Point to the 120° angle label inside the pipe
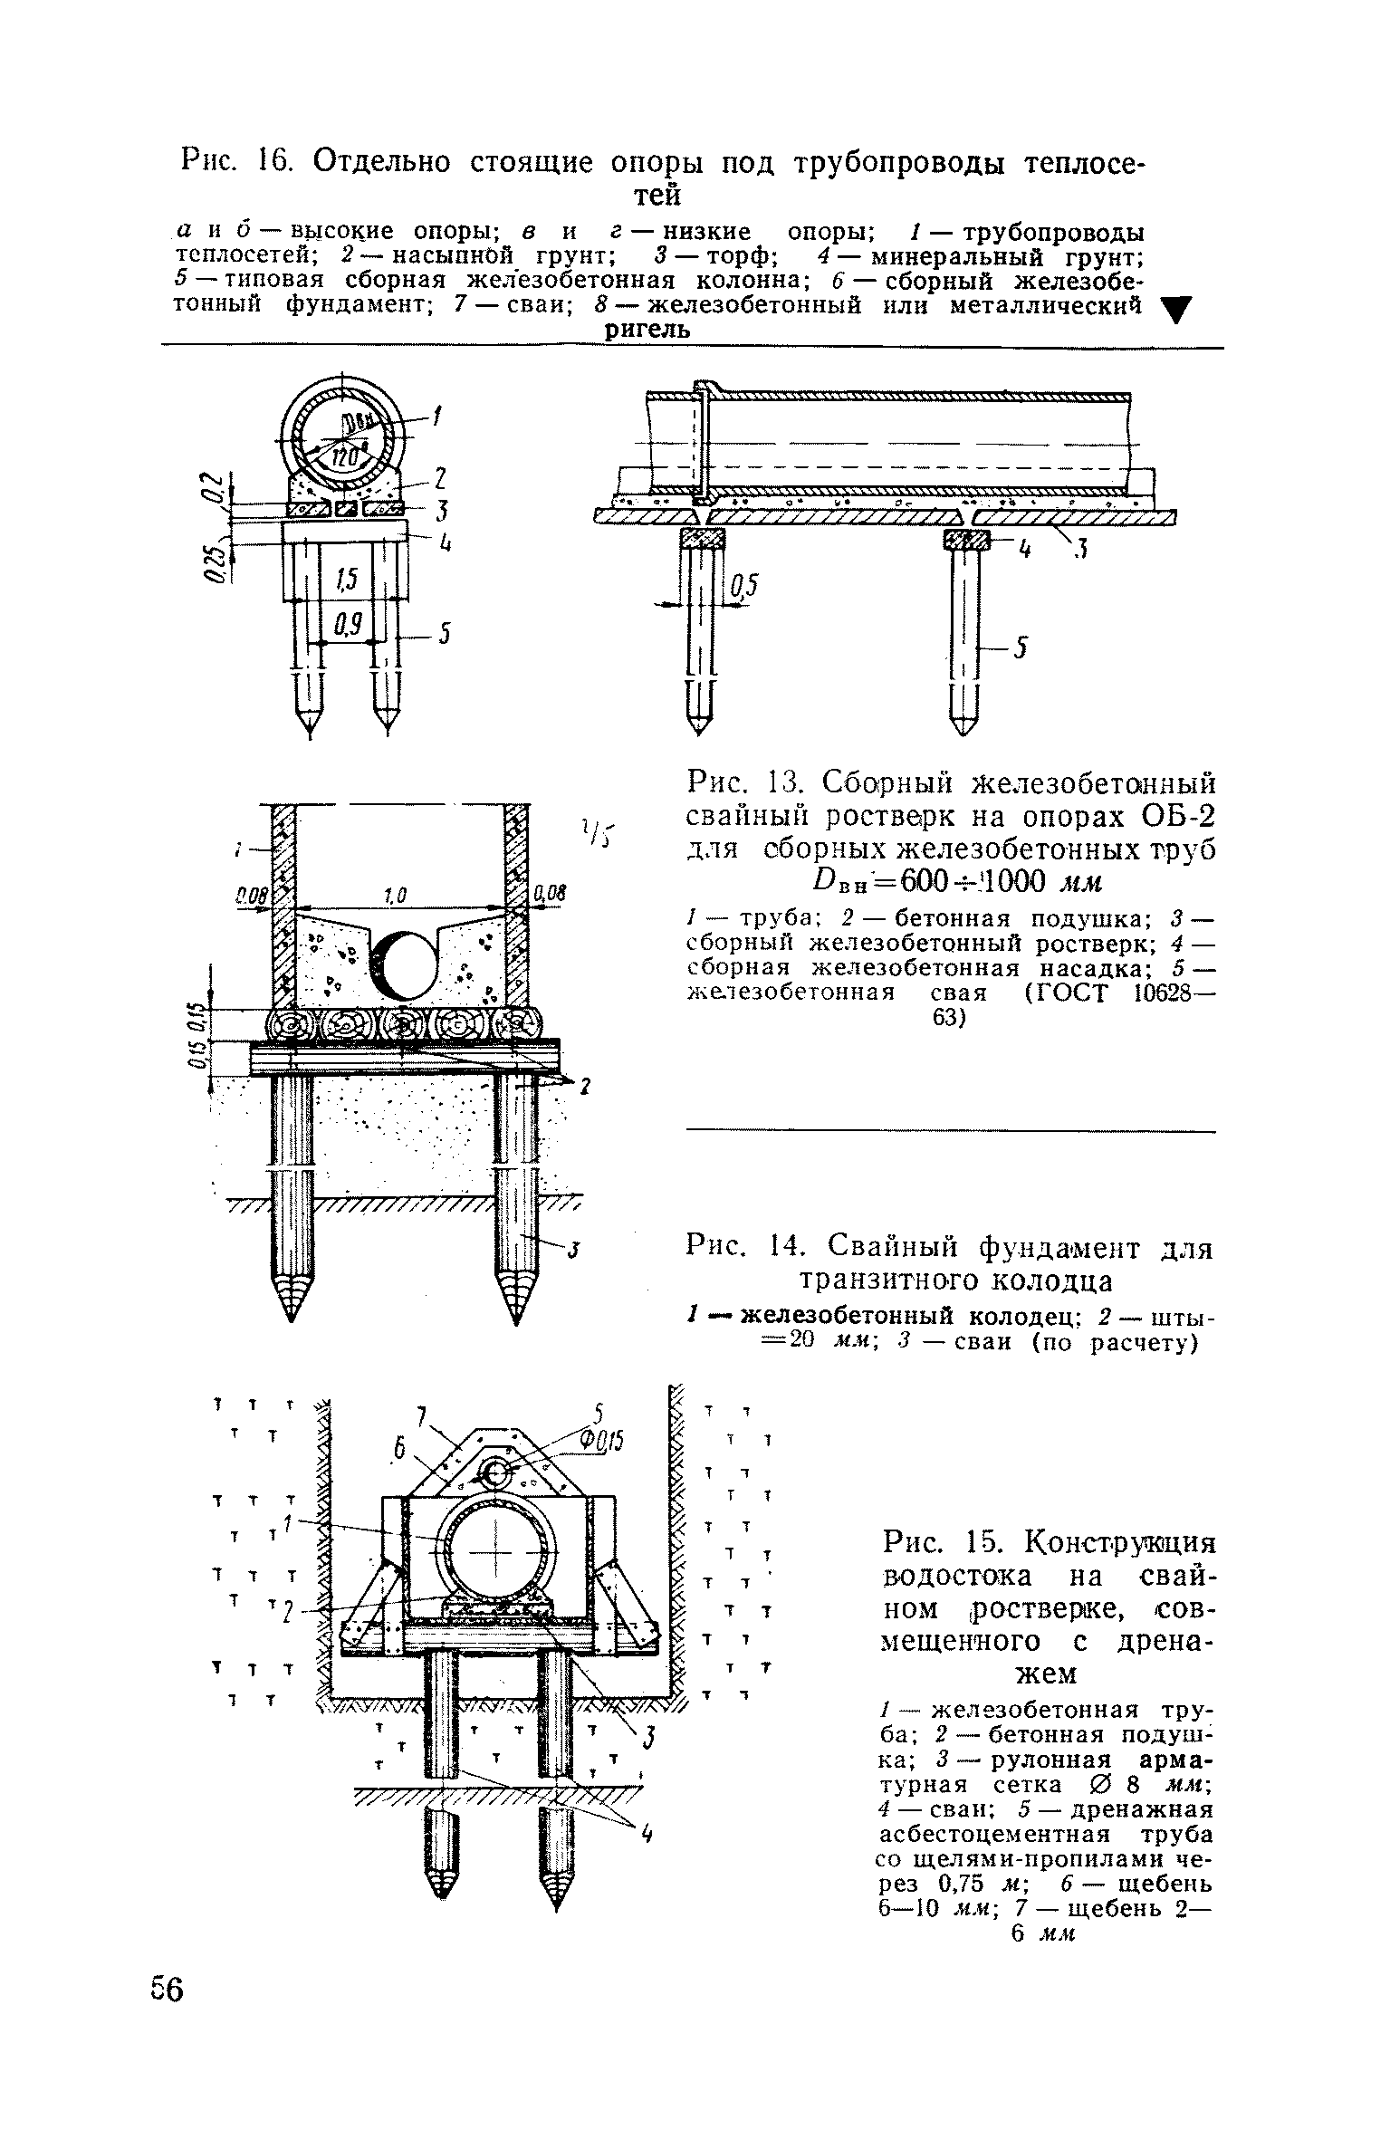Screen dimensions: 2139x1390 347,458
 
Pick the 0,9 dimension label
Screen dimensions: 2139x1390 348,625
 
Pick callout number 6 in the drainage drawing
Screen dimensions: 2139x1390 397,1450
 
